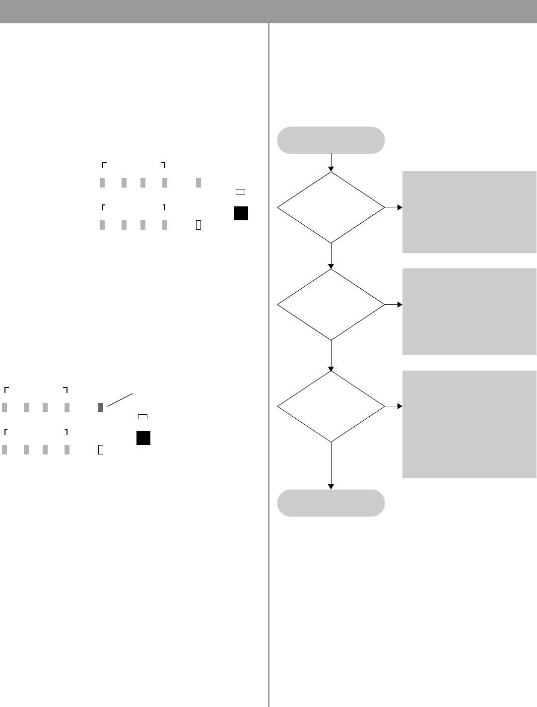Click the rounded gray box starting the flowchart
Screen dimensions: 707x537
pos(331,140)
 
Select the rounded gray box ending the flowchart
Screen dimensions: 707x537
pos(331,503)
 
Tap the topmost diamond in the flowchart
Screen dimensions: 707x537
pos(331,207)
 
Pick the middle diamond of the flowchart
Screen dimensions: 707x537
pos(331,304)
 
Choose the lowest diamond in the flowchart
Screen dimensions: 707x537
pos(331,406)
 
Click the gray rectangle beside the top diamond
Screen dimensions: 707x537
pos(469,212)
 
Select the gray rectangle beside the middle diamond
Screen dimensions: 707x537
pos(469,312)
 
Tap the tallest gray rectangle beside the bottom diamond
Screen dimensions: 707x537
pos(469,424)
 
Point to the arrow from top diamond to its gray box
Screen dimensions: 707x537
pos(393,207)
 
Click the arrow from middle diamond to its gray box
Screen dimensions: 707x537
pos(393,305)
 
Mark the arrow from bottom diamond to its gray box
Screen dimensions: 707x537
pos(393,406)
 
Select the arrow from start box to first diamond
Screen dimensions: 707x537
pos(331,162)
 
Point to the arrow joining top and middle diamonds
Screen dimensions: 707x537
pos(331,256)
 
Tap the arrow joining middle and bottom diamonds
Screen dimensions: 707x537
pos(331,356)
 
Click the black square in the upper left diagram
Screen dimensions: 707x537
pos(241,213)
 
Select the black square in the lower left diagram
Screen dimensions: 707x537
pos(143,438)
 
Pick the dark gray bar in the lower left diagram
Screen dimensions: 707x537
pos(101,408)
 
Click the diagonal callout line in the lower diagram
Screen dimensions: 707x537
pos(120,400)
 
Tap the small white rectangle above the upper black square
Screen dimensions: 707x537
pos(241,191)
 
